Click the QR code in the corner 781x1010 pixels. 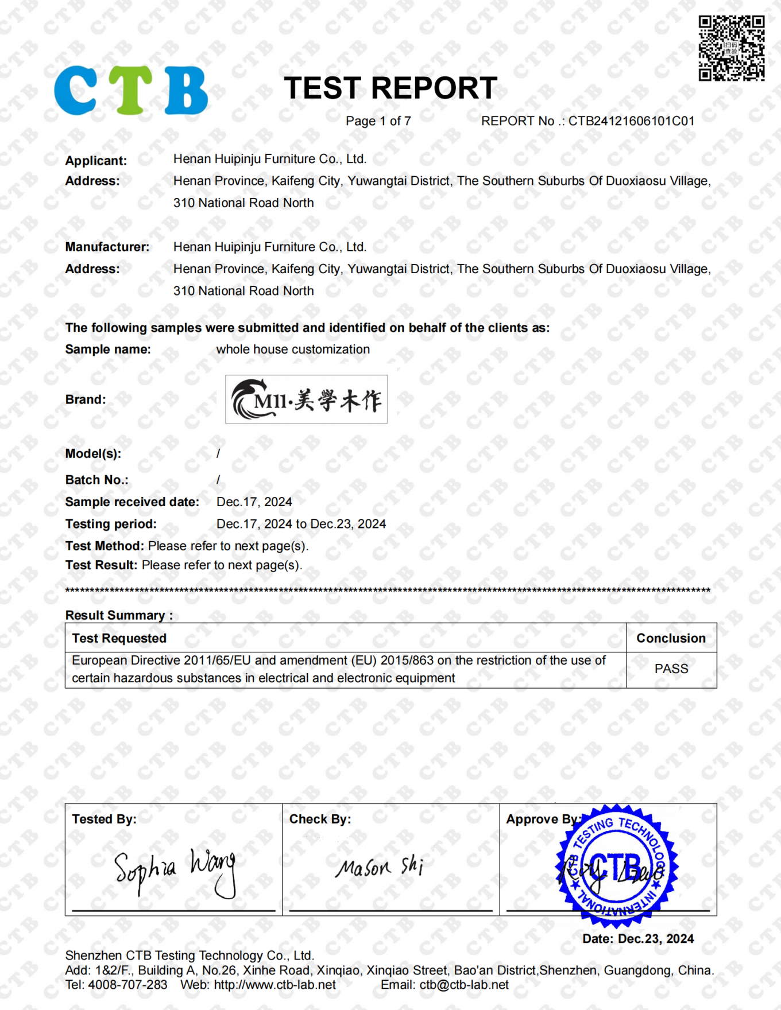[x=731, y=48]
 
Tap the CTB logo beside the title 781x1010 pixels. [x=131, y=90]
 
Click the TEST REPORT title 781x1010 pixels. [x=390, y=88]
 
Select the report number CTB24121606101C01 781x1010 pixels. [x=631, y=121]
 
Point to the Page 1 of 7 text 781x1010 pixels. [x=378, y=121]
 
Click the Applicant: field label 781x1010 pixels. [x=96, y=161]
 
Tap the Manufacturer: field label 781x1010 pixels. [x=107, y=247]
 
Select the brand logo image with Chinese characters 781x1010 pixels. [x=306, y=399]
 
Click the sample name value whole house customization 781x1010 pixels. [x=293, y=349]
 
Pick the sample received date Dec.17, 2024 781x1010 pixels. [x=254, y=502]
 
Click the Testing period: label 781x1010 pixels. [x=111, y=524]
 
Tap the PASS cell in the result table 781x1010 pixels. [x=671, y=669]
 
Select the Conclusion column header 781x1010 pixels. [x=671, y=638]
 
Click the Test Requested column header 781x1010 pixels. [x=119, y=638]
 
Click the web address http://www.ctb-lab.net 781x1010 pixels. [x=274, y=985]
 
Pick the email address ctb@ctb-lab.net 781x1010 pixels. [x=464, y=985]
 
